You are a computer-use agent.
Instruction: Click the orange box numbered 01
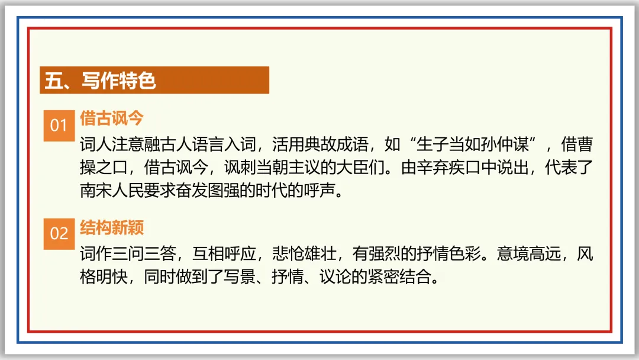click(59, 125)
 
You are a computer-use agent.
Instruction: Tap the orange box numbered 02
click(59, 233)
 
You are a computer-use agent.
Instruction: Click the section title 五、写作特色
click(101, 81)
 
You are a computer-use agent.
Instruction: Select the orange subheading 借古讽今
click(112, 118)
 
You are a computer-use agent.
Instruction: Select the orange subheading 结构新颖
click(112, 227)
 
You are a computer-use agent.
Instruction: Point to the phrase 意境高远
click(528, 255)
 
